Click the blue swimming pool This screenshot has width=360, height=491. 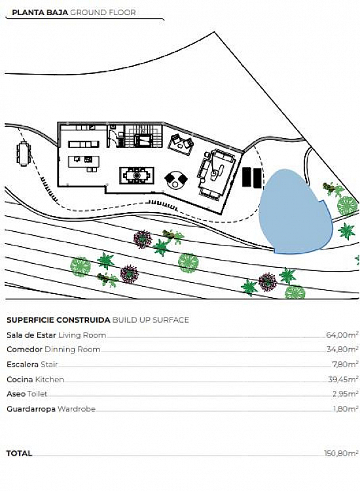tap(295, 211)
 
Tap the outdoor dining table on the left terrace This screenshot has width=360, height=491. tap(24, 154)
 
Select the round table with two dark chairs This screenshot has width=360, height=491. tap(176, 180)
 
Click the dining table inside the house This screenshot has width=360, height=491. tap(137, 175)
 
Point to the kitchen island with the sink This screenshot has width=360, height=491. tap(84, 162)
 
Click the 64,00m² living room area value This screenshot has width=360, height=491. tap(342, 335)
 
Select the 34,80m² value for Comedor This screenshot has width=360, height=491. tap(342, 349)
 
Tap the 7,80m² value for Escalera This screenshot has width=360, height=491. tap(345, 364)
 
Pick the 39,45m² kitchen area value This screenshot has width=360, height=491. tap(343, 379)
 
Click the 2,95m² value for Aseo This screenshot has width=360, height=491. tap(346, 393)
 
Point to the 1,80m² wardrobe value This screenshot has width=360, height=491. tap(346, 409)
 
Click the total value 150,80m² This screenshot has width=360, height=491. tap(341, 453)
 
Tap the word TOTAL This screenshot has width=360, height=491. tap(20, 453)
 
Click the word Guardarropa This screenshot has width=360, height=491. tap(31, 409)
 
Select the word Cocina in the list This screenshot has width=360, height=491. tap(20, 379)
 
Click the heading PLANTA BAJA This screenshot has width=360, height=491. tap(40, 12)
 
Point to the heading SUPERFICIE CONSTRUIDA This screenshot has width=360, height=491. tap(58, 319)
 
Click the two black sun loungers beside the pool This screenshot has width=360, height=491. tap(252, 177)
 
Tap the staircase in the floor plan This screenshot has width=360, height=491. tap(144, 136)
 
